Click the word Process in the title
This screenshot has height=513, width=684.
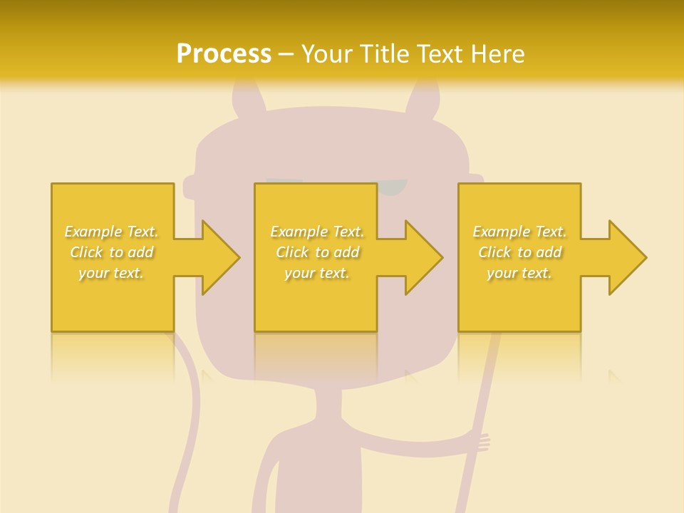pyautogui.click(x=224, y=54)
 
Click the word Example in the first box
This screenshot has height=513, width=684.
pyautogui.click(x=93, y=232)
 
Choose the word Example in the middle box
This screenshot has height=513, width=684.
pyautogui.click(x=299, y=232)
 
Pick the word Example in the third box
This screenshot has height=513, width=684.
pyautogui.click(x=502, y=232)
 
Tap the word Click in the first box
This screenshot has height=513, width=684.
pyautogui.click(x=85, y=252)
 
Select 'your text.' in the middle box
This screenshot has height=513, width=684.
pyautogui.click(x=316, y=273)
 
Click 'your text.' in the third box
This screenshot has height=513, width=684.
pyautogui.click(x=519, y=273)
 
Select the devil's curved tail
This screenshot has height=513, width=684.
pyautogui.click(x=187, y=413)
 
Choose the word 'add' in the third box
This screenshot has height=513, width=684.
pyautogui.click(x=549, y=252)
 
